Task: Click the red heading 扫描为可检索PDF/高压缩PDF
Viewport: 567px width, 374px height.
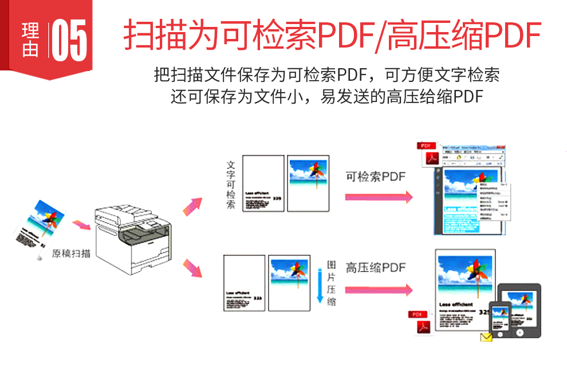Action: (332, 36)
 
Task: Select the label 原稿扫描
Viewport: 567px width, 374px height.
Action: (71, 253)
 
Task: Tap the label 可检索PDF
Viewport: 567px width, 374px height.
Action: (375, 176)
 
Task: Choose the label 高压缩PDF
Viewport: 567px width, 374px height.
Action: (375, 267)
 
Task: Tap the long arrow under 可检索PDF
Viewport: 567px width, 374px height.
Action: (378, 197)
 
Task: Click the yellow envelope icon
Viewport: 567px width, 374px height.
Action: (487, 337)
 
